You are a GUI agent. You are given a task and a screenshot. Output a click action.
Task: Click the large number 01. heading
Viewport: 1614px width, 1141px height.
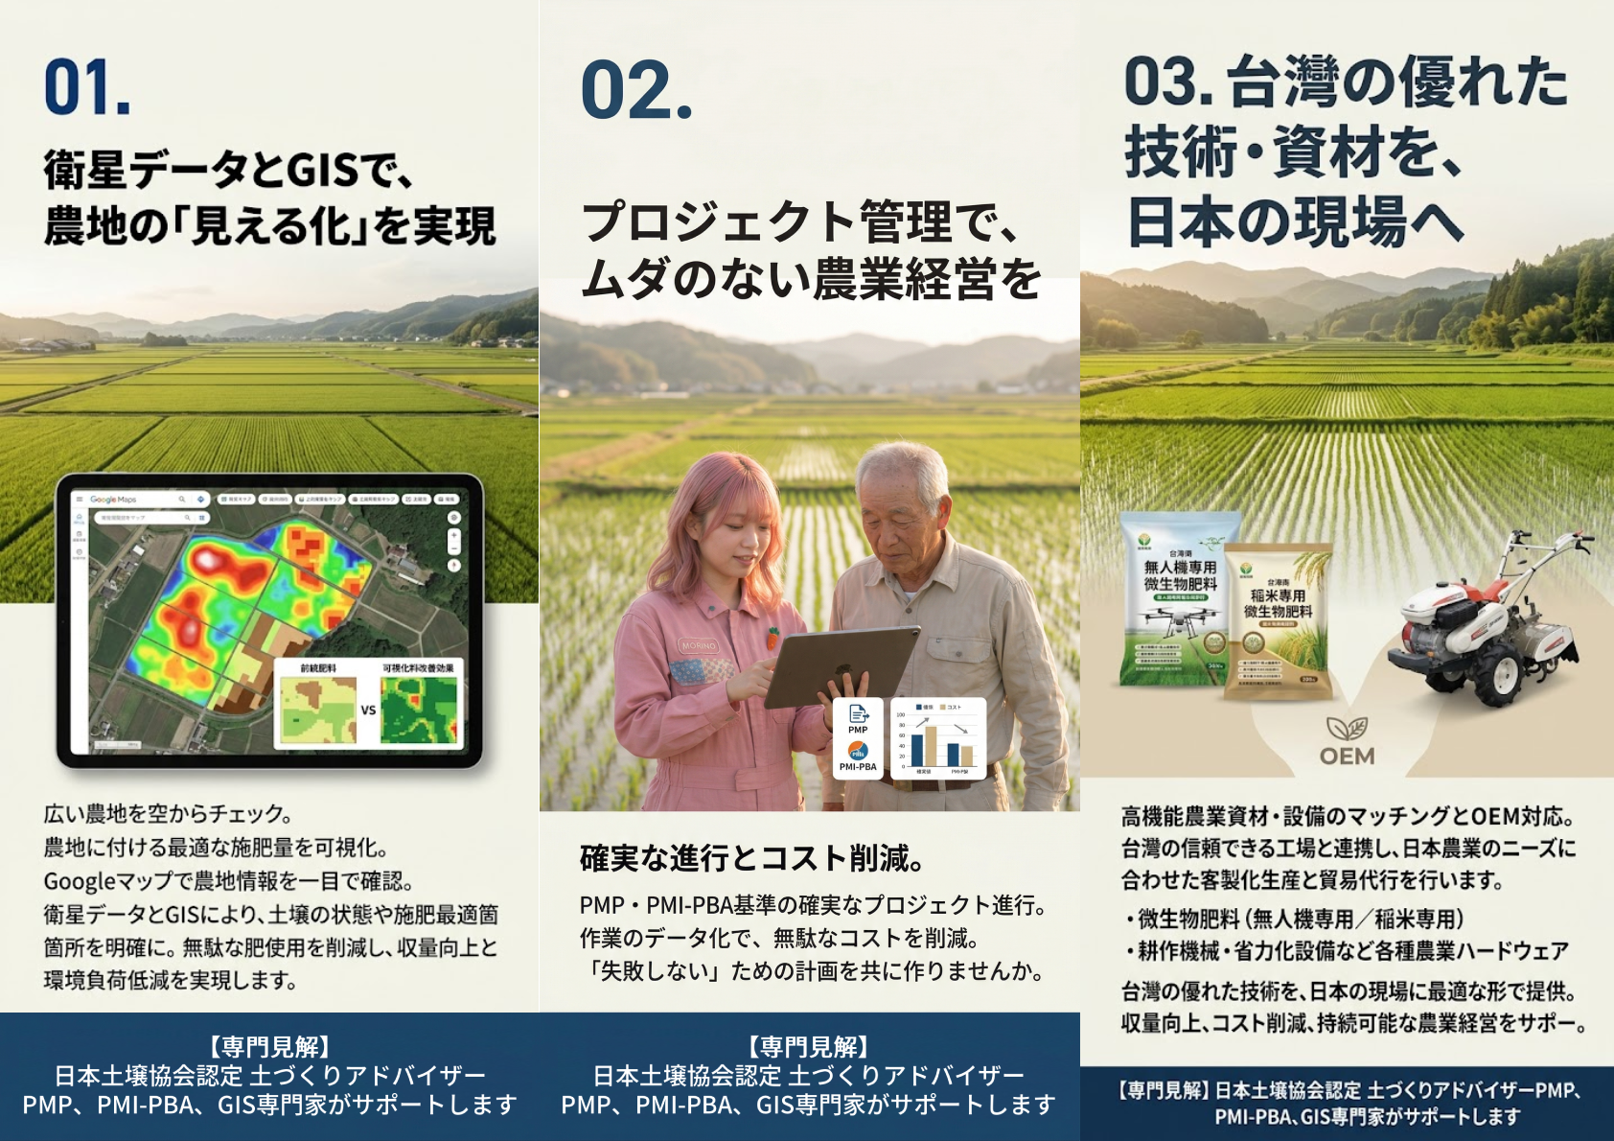pyautogui.click(x=87, y=88)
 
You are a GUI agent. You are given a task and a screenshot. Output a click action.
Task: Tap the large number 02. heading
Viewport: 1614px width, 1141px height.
pyautogui.click(x=636, y=91)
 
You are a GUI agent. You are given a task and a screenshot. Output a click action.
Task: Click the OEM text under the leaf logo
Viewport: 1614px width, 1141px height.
pyautogui.click(x=1347, y=757)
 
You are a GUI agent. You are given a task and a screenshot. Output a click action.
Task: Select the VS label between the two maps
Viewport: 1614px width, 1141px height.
pyautogui.click(x=368, y=710)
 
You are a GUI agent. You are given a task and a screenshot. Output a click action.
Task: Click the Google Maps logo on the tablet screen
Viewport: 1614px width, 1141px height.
pyautogui.click(x=113, y=500)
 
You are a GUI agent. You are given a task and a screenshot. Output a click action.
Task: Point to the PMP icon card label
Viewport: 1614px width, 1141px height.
pyautogui.click(x=858, y=730)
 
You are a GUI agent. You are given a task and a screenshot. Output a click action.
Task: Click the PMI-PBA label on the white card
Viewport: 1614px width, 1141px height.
pyautogui.click(x=858, y=766)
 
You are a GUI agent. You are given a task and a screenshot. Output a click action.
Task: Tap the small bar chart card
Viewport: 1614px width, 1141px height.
pyautogui.click(x=937, y=738)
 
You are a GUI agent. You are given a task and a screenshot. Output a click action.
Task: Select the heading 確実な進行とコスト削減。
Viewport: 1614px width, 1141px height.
pyautogui.click(x=752, y=858)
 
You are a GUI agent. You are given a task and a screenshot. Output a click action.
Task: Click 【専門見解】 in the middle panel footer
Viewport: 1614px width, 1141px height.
pyautogui.click(x=809, y=1046)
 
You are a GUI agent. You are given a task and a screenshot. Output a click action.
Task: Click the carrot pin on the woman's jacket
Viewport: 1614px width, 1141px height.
pyautogui.click(x=772, y=636)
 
